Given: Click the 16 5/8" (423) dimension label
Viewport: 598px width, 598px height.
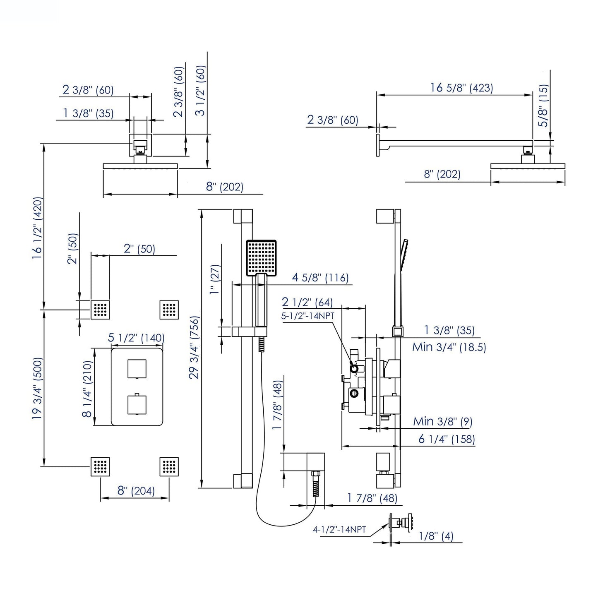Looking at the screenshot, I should tap(461, 88).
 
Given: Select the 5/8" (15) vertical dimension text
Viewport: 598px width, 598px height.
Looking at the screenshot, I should tap(543, 106).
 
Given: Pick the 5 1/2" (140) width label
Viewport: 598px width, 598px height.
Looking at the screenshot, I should tap(136, 338).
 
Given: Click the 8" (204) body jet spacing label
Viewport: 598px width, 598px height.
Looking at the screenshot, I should tap(136, 491).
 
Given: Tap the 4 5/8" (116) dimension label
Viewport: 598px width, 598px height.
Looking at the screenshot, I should tap(320, 277).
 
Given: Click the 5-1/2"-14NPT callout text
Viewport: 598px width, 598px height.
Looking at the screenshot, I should tap(307, 315).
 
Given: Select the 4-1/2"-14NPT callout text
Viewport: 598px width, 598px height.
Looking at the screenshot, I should tap(339, 529).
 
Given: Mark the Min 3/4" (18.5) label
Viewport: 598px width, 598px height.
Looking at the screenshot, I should tap(449, 347).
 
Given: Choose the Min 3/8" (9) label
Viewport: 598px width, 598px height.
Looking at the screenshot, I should tap(442, 422).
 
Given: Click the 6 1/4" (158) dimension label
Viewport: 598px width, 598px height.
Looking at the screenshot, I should tap(446, 439).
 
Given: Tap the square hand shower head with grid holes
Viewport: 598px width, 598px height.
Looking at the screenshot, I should tap(261, 258).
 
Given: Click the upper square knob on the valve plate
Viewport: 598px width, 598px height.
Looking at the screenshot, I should tap(137, 369).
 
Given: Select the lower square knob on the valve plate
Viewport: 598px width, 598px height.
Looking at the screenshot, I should tap(137, 404).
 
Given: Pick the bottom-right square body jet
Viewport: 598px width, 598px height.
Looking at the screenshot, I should tap(169, 467).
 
